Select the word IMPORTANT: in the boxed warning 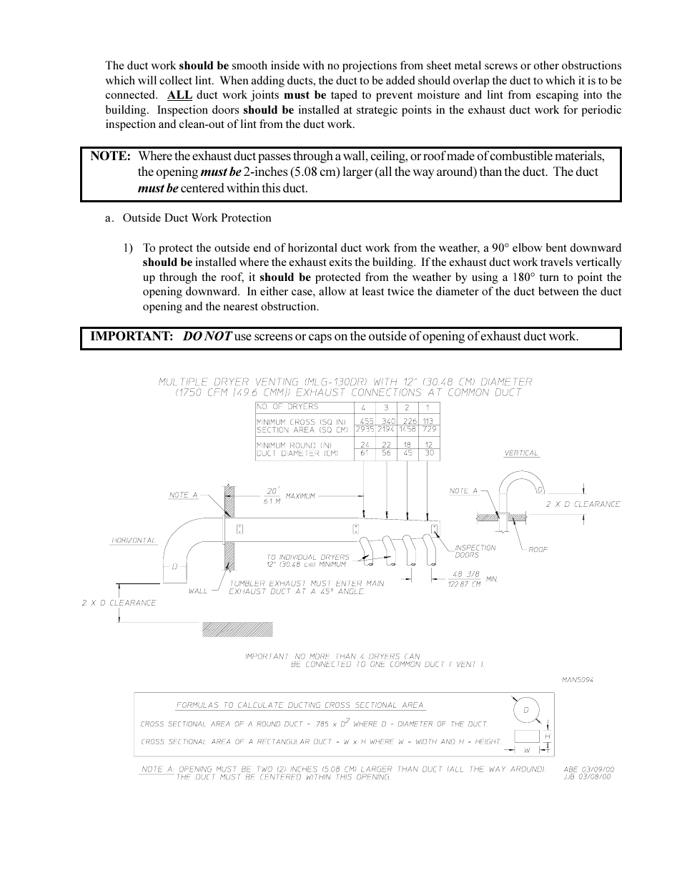pyautogui.click(x=132, y=337)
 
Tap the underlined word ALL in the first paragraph pyautogui.click(x=179, y=95)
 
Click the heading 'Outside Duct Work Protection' pyautogui.click(x=197, y=218)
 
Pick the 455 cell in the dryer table pyautogui.click(x=367, y=422)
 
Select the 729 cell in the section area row pyautogui.click(x=429, y=430)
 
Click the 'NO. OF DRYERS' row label pyautogui.click(x=287, y=407)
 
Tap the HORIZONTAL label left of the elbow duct pyautogui.click(x=133, y=541)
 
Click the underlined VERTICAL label pyautogui.click(x=521, y=453)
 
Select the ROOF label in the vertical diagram pyautogui.click(x=538, y=550)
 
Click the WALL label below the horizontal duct pyautogui.click(x=198, y=591)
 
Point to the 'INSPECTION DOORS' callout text pyautogui.click(x=475, y=551)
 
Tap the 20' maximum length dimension pyautogui.click(x=272, y=492)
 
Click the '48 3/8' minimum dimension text pyautogui.click(x=465, y=574)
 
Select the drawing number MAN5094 pyautogui.click(x=578, y=679)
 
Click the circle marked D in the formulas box pyautogui.click(x=526, y=710)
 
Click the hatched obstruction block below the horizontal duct pyautogui.click(x=237, y=629)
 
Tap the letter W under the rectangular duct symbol pyautogui.click(x=526, y=750)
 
